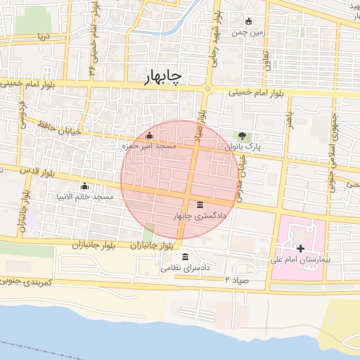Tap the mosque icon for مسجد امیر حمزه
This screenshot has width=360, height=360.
point(148,135)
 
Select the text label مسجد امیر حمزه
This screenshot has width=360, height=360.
point(148,146)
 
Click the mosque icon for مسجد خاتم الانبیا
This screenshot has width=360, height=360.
point(85,186)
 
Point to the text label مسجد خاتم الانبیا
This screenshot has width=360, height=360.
point(85,197)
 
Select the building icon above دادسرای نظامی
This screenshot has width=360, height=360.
point(185,257)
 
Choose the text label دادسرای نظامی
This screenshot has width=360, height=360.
point(186,268)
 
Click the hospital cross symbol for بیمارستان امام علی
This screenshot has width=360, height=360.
point(301,248)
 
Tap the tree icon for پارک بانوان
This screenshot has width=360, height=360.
point(243,136)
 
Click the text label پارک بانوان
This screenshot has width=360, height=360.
point(243,147)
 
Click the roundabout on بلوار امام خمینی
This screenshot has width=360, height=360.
point(207,89)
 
